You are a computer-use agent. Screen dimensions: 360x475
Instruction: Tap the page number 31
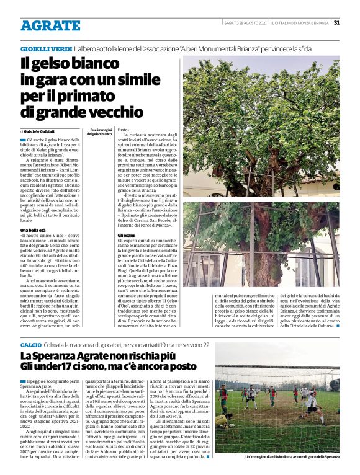coord(336,22)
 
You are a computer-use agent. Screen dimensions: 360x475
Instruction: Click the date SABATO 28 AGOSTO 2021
coord(246,22)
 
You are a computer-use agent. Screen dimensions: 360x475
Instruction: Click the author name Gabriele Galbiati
coord(42,131)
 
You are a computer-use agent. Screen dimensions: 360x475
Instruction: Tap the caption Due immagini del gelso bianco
coord(99,132)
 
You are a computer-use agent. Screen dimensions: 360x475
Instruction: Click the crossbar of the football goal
coord(273,370)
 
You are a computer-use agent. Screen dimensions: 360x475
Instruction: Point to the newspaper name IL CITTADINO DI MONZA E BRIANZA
coord(300,22)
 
